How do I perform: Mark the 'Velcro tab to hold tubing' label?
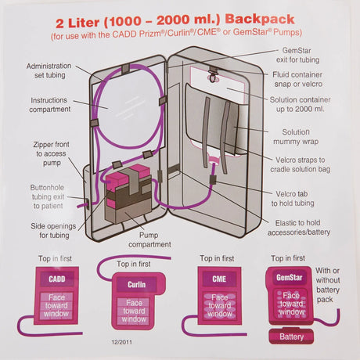(308, 198)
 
